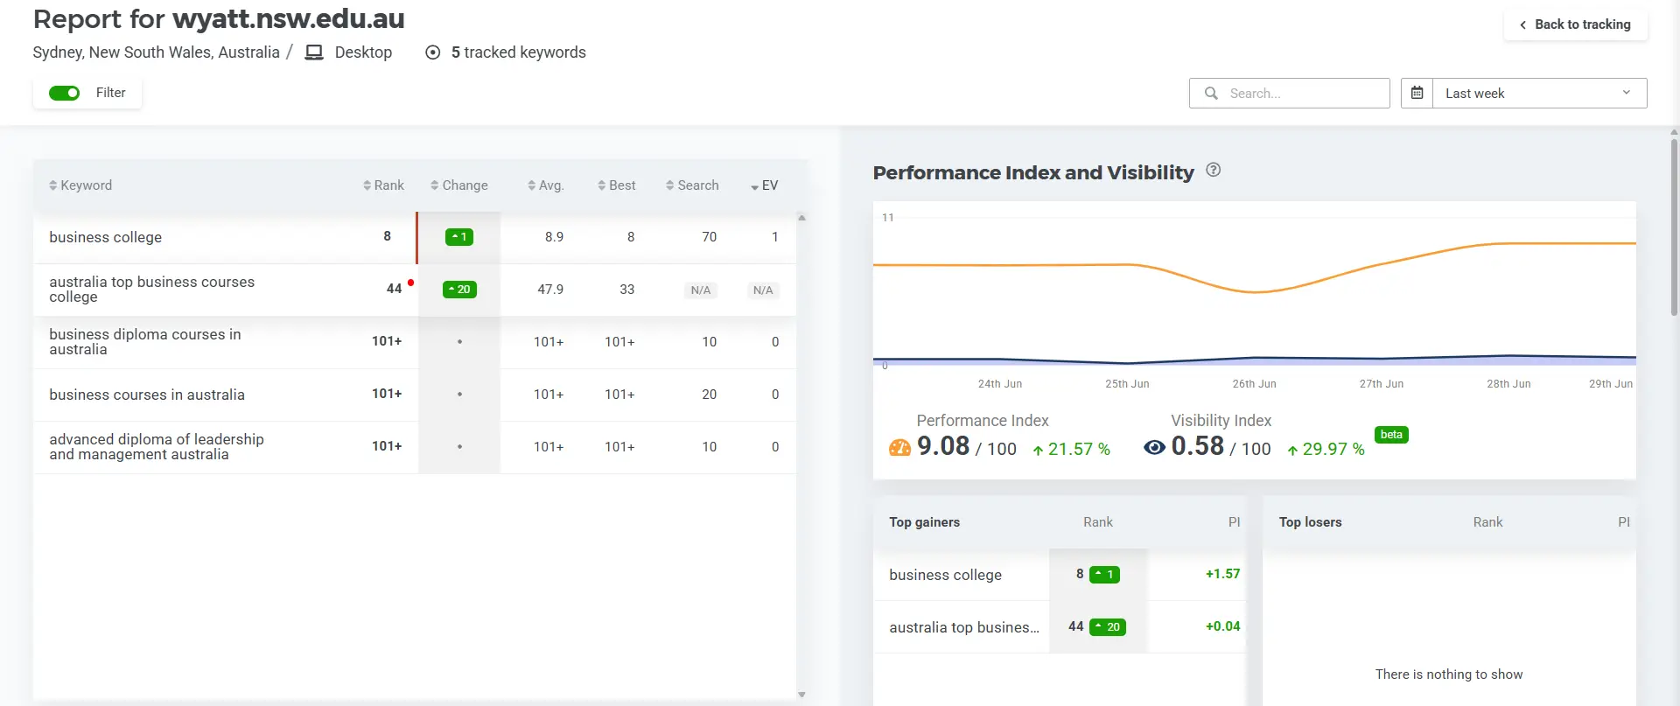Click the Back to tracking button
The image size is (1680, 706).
point(1575,24)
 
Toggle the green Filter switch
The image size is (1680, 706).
point(64,93)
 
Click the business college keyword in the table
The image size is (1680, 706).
point(106,237)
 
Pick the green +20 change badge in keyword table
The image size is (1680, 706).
point(459,290)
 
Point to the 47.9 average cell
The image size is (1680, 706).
point(550,290)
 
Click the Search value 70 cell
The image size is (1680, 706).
point(709,237)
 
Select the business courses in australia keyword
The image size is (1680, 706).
point(147,395)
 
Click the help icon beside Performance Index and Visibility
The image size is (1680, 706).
point(1213,171)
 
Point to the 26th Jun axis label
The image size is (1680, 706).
point(1254,384)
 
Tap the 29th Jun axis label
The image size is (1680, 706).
point(1610,384)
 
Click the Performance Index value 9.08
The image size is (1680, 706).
point(943,446)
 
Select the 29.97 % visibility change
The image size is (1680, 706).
point(1326,449)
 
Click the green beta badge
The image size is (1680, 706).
point(1391,435)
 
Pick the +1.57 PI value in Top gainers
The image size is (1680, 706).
point(1222,574)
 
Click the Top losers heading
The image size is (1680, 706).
point(1310,522)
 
